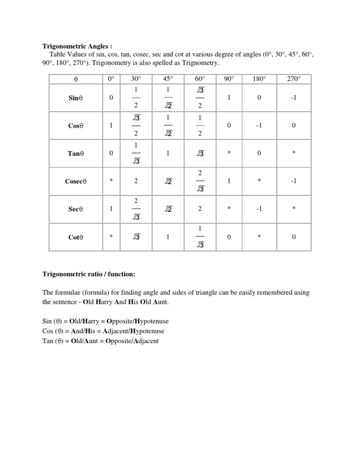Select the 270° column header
(294, 79)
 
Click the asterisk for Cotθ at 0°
(111, 237)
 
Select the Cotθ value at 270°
(294, 237)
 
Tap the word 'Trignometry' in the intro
(191, 63)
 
